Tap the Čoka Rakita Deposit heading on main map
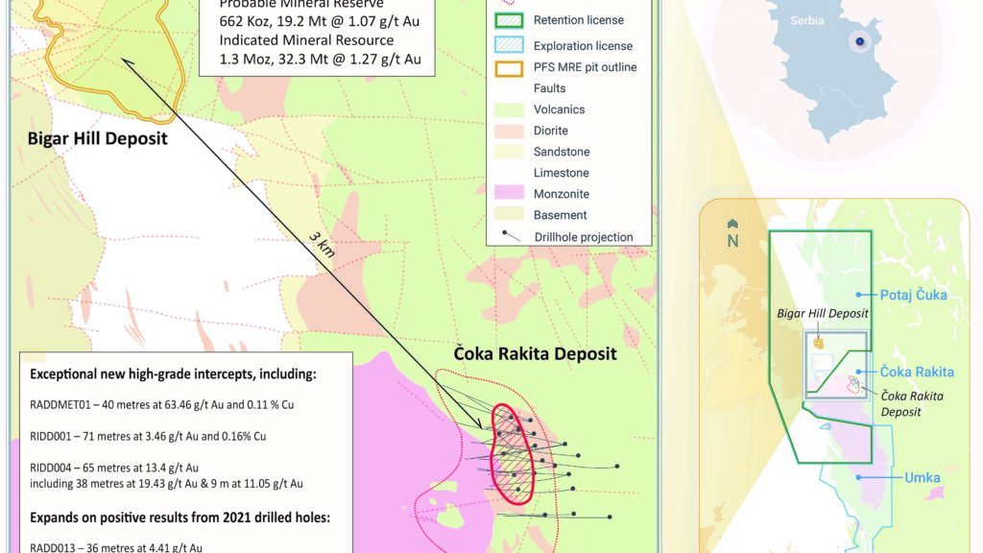coord(535,353)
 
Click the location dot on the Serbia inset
coord(860,40)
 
